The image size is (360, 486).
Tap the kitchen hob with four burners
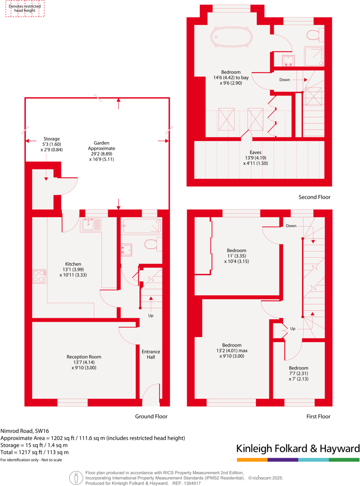tap(39, 276)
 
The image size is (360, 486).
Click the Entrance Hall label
tap(151, 354)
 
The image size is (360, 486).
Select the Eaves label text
tap(255, 153)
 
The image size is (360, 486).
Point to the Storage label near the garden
tap(51, 139)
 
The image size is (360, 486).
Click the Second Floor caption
tap(314, 197)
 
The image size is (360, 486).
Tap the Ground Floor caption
tap(151, 416)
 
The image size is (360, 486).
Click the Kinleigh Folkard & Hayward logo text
tap(298, 448)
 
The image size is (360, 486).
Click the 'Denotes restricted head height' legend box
tap(25, 8)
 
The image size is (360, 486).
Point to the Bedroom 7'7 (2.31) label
tap(298, 373)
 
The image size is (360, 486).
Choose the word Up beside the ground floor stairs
tap(151, 315)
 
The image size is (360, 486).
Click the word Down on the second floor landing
tap(284, 80)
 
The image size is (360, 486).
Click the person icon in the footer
tap(76, 477)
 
